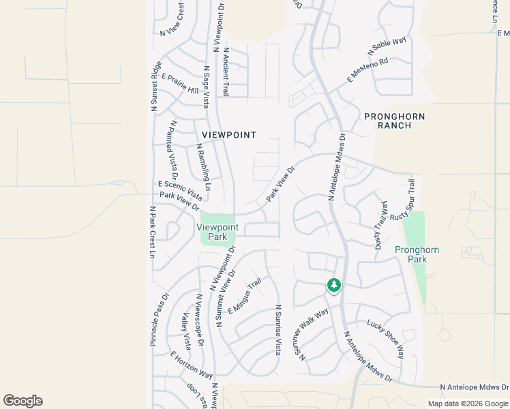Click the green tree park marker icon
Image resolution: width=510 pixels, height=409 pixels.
click(333, 285)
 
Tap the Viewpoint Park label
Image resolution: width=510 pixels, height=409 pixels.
click(217, 232)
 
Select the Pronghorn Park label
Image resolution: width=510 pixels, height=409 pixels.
click(417, 254)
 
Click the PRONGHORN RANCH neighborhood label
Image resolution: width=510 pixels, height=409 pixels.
click(394, 121)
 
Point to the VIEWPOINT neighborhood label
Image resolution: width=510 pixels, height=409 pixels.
click(228, 135)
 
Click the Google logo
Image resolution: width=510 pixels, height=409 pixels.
click(22, 401)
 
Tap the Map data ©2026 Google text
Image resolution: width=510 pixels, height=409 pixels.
click(468, 404)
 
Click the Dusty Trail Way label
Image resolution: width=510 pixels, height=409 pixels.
click(380, 226)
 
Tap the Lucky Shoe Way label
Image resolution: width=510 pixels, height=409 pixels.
click(385, 339)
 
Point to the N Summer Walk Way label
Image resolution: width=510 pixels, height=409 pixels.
click(311, 334)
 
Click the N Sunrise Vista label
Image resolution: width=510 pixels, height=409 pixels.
click(277, 329)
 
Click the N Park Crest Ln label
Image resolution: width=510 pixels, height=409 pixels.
click(152, 232)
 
